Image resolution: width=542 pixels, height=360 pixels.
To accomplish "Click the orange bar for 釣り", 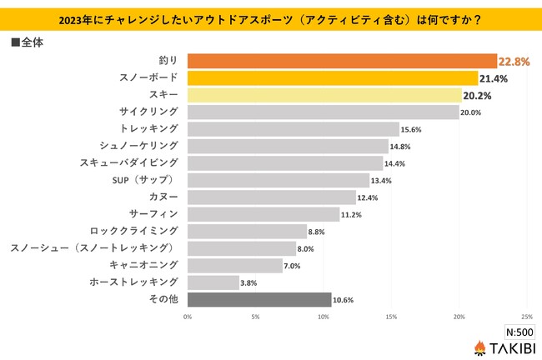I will click(x=342, y=61).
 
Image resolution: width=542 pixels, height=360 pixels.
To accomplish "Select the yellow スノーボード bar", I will click(x=333, y=78).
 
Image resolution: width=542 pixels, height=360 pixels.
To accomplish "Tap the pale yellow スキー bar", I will click(x=324, y=95).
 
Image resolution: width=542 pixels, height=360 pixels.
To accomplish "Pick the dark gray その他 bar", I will click(x=259, y=299).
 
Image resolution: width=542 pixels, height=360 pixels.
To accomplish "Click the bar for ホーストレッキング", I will click(x=213, y=282).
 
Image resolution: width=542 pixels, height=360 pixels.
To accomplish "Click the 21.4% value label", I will click(x=494, y=78).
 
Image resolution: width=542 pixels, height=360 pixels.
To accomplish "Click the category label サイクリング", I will click(x=148, y=112).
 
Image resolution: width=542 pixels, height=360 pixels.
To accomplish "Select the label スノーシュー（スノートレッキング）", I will click(x=94, y=248).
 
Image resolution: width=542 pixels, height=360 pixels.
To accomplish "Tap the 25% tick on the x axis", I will click(x=526, y=317).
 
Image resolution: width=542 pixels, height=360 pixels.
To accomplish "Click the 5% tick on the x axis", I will click(x=255, y=317).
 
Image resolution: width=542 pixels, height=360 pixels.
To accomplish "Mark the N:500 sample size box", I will click(x=519, y=330).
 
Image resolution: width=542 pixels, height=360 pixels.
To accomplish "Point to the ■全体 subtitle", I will click(x=28, y=41).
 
